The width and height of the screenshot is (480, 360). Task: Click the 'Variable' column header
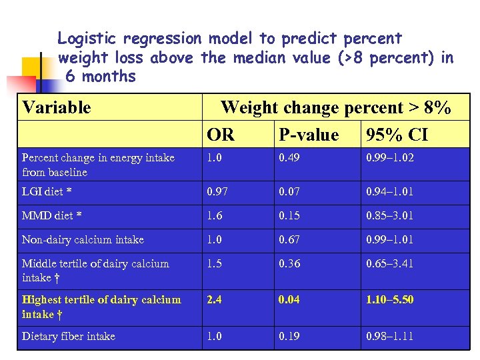click(57, 107)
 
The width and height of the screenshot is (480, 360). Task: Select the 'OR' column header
click(221, 135)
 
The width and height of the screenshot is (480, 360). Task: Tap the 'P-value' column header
click(309, 135)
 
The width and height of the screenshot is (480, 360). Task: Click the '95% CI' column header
click(397, 135)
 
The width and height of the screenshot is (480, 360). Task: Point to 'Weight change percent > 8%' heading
click(335, 107)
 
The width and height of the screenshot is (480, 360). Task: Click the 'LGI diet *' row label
click(47, 192)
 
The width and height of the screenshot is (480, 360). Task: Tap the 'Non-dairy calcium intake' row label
click(83, 239)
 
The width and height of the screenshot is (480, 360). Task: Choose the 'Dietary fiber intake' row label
click(69, 336)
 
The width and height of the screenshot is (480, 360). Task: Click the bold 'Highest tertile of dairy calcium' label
click(101, 299)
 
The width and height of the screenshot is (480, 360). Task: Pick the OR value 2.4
click(214, 299)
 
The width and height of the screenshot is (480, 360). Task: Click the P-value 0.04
click(289, 299)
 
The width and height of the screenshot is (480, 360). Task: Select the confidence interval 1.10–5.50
click(389, 299)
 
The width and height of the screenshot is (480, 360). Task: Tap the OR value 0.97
click(217, 192)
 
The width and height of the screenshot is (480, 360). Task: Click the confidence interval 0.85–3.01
click(389, 216)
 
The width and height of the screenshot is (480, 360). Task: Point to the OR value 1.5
click(214, 263)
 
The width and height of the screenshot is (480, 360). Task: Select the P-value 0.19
click(289, 336)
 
